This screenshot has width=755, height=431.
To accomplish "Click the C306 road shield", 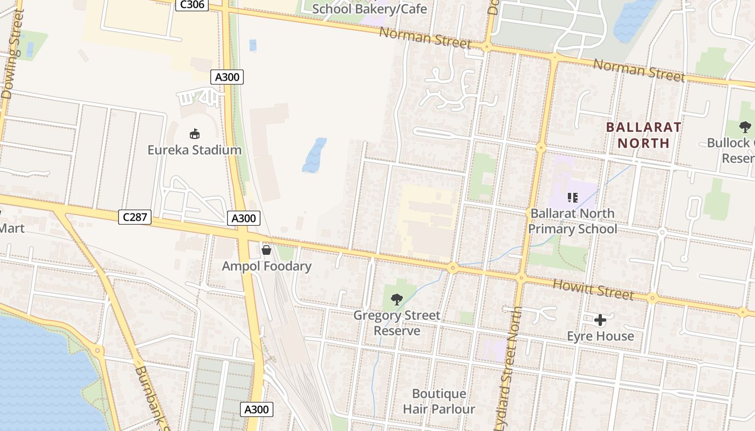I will click(191, 5).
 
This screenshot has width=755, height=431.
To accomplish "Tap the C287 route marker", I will click(135, 218).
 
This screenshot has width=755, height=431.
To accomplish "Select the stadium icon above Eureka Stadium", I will click(195, 134).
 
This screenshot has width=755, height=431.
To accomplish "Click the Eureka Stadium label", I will click(195, 150).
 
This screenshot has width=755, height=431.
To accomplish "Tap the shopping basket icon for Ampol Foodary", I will click(266, 250).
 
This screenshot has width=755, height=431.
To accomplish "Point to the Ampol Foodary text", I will click(266, 266).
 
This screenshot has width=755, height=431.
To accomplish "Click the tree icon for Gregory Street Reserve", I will click(396, 299).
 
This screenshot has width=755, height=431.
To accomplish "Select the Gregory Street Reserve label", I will click(397, 323).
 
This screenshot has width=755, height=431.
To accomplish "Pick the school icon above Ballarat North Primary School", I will click(572, 198).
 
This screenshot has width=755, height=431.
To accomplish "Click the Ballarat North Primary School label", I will click(572, 221).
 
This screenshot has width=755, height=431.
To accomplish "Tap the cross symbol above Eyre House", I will click(600, 321).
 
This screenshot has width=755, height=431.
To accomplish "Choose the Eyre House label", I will click(600, 336).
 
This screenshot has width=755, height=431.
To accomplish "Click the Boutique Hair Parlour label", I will click(439, 401).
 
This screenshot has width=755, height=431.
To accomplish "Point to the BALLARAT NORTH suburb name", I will click(643, 135).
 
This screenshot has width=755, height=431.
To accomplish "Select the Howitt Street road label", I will click(593, 290).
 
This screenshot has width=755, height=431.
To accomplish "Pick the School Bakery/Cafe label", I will click(369, 9).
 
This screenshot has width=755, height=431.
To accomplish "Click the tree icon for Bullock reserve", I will click(745, 127).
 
